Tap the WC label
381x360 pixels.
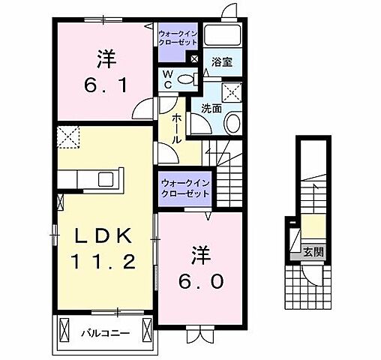169,79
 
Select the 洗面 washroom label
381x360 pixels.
211,108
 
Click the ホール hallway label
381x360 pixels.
175,129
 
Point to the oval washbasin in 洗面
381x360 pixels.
233,124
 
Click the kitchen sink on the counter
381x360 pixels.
104,179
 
